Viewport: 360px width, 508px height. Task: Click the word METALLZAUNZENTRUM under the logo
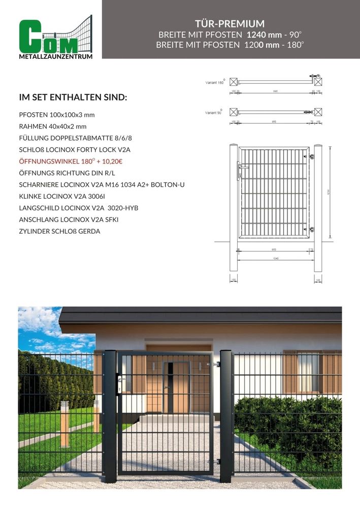pos(55,57)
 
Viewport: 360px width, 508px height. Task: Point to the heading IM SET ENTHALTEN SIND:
pos(73,97)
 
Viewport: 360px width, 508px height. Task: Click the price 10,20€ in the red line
pos(116,161)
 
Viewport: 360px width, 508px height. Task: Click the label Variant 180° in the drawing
pos(214,82)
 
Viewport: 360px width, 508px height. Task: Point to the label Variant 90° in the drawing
pos(213,113)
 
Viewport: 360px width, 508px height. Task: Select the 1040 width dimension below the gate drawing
pos(275,259)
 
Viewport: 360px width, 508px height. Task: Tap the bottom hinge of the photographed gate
pos(218,461)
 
